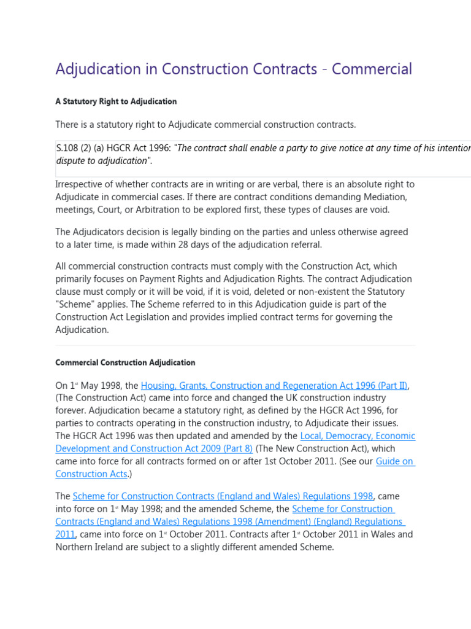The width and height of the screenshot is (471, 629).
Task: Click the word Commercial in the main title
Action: point(372,69)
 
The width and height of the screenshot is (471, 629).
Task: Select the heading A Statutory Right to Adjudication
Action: point(116,101)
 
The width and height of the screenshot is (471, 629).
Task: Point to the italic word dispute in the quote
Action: point(71,161)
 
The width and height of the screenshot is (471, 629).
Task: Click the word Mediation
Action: point(381,197)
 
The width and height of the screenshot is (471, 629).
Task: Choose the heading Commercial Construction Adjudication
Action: point(125,362)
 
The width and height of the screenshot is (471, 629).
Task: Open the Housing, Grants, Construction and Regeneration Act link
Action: point(274,386)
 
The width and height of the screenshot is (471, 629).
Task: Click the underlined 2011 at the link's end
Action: point(65,534)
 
